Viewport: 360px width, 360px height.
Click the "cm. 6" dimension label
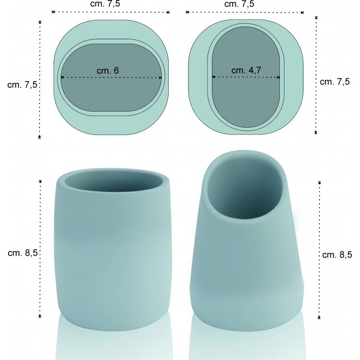click(x=108, y=71)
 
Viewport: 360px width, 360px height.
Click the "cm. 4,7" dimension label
click(x=246, y=70)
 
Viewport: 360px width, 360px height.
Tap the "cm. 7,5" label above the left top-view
click(x=105, y=4)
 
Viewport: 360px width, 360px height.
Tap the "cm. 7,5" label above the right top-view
click(x=239, y=4)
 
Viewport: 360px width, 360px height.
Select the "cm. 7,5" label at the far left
click(x=22, y=85)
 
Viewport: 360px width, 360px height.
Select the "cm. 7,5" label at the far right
click(x=334, y=82)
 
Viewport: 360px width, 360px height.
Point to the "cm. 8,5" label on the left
click(x=22, y=253)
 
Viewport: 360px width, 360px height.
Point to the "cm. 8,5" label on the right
click(x=337, y=255)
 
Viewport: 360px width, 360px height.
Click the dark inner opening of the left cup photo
click(x=114, y=182)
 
